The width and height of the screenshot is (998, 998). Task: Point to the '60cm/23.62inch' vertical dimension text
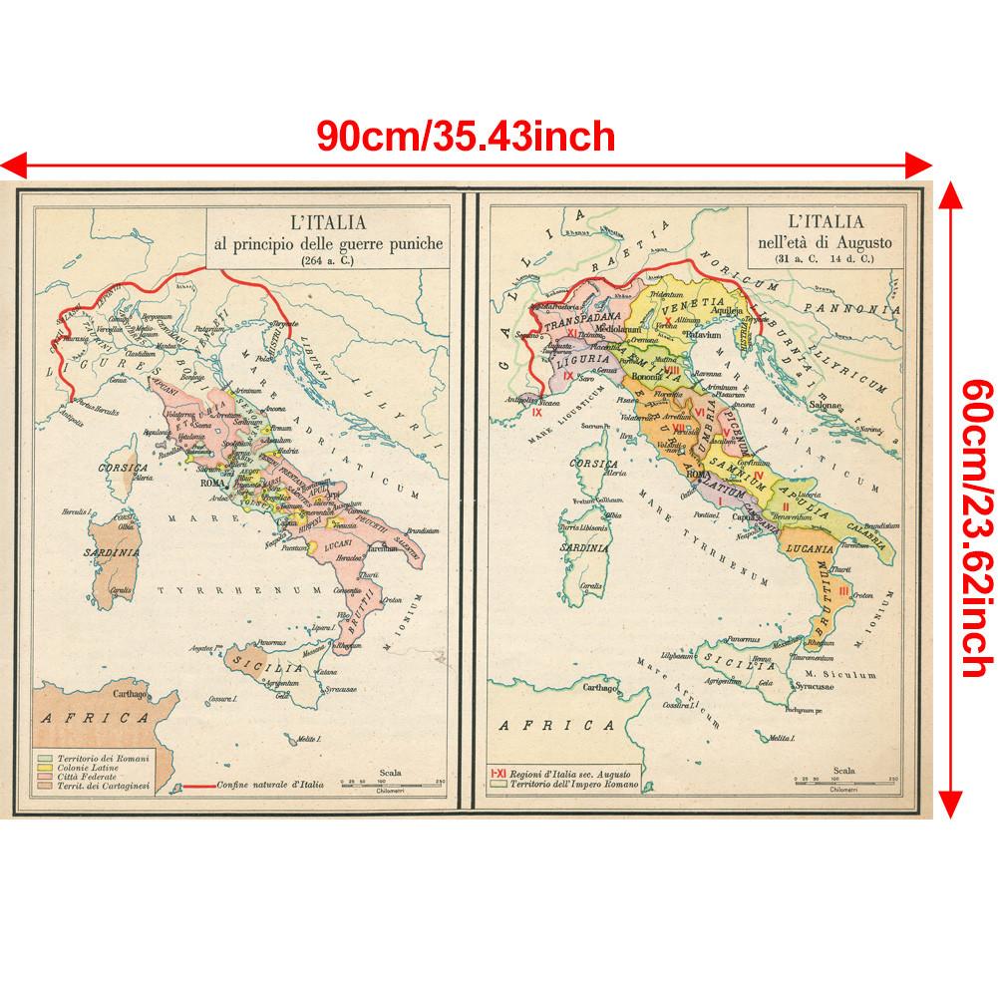tap(972, 499)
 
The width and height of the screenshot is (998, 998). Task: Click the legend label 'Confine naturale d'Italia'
tap(265, 785)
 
